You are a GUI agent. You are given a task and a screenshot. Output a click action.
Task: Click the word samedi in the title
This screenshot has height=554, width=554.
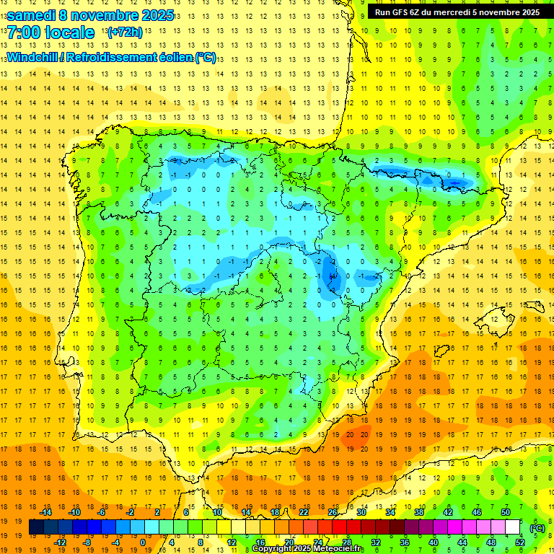point(32,15)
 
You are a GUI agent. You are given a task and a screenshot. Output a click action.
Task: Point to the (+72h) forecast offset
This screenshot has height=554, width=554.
point(124,32)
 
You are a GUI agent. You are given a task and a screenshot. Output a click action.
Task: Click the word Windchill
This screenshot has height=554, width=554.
point(32,57)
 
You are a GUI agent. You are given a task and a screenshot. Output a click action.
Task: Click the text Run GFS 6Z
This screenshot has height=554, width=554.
point(400,12)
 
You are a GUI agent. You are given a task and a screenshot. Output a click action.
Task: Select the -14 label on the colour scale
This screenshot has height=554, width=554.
point(46,511)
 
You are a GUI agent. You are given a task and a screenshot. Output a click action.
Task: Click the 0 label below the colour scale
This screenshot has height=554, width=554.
point(143,542)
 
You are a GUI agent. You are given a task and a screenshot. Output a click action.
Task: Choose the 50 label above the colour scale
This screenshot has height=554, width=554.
point(506,511)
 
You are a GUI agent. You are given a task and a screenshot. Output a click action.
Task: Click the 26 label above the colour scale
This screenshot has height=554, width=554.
point(333,511)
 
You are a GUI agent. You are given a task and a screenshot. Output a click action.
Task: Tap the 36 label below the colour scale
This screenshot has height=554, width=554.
point(405,542)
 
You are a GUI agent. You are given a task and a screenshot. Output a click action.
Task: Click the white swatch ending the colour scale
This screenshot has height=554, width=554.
point(512,527)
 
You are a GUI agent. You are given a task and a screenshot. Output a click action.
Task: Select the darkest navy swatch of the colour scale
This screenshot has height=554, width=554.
point(36,527)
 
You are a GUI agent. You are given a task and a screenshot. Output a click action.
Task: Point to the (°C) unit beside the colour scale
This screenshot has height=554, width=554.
point(537,528)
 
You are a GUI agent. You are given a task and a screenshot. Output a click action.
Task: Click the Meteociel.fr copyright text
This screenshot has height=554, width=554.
point(307,549)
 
